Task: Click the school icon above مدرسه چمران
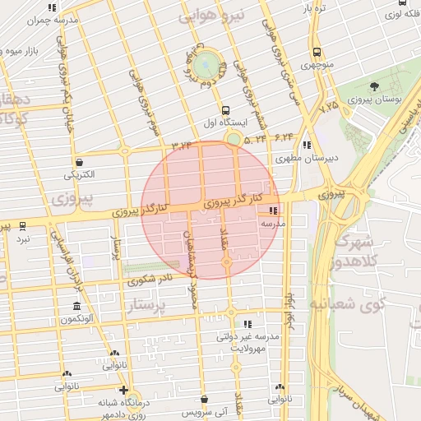click(x=53, y=7)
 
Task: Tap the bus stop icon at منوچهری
click(x=316, y=50)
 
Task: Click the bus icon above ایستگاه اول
click(x=226, y=110)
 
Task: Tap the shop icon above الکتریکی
click(x=79, y=162)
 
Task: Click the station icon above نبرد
click(x=23, y=224)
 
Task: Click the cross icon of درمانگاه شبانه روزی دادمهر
click(x=123, y=390)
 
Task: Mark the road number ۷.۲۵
click(x=329, y=106)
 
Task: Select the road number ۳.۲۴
click(x=181, y=146)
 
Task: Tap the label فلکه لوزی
click(x=396, y=14)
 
